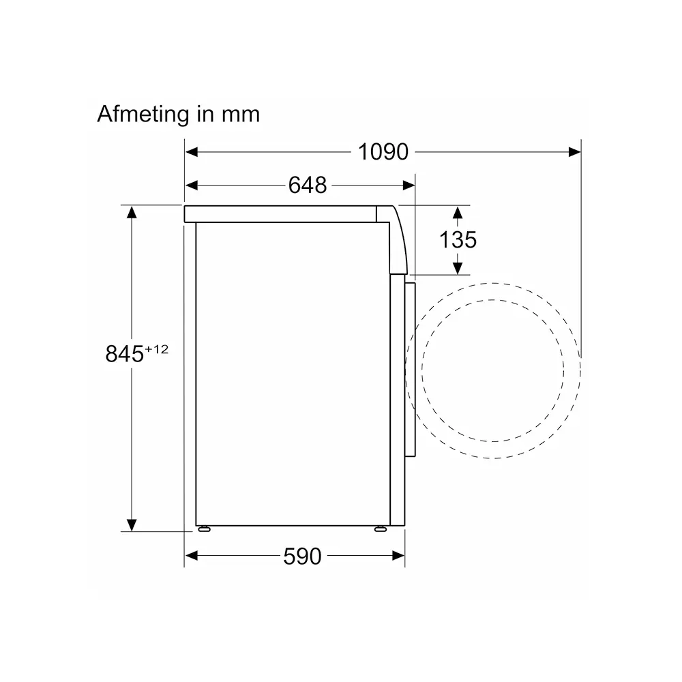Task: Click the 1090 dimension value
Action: (x=383, y=152)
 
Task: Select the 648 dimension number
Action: (x=308, y=186)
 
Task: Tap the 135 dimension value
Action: (x=458, y=239)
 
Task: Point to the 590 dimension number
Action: (x=302, y=557)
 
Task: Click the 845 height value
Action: (x=124, y=353)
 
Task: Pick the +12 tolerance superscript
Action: (x=157, y=349)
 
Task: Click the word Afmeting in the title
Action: (x=143, y=115)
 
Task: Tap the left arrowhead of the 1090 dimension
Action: (x=192, y=152)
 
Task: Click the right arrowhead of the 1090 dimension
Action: (x=574, y=152)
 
